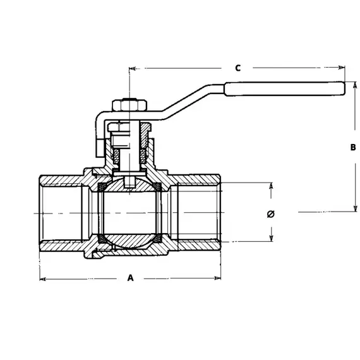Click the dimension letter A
pyautogui.click(x=131, y=277)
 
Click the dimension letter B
pyautogui.click(x=353, y=148)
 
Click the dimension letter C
pyautogui.click(x=238, y=68)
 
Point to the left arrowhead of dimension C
pyautogui.click(x=132, y=68)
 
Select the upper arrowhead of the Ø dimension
pyautogui.click(x=272, y=187)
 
